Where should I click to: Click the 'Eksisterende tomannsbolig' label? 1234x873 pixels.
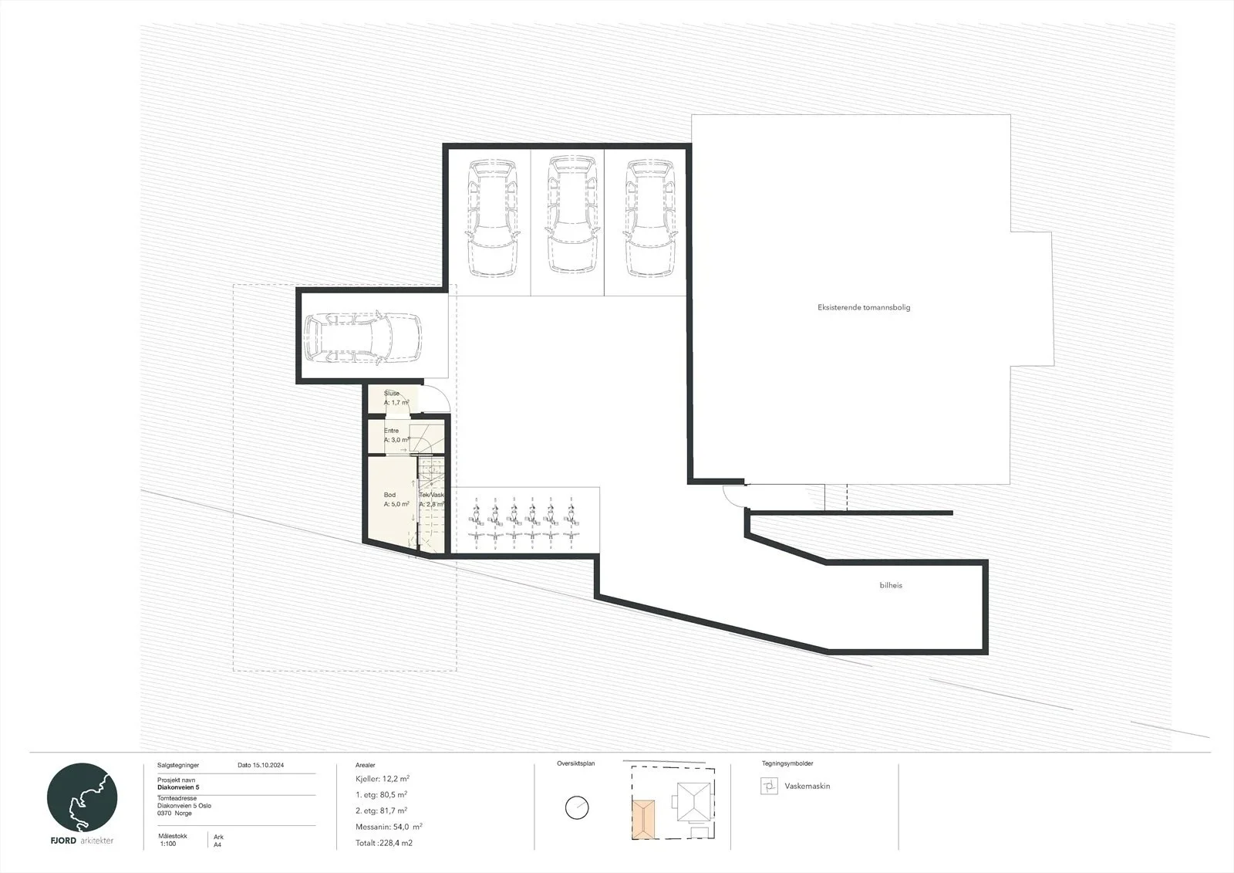tap(864, 308)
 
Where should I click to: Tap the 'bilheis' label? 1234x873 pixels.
tap(891, 585)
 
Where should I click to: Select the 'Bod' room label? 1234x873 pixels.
tap(389, 495)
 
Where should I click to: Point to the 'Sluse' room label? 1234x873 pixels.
tap(392, 393)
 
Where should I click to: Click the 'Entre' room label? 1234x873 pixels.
tap(391, 431)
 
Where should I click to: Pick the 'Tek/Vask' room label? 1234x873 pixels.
tap(431, 496)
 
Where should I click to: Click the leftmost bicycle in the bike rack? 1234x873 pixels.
tap(476, 524)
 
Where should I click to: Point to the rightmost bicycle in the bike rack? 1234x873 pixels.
tap(570, 524)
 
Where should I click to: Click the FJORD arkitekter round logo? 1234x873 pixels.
tap(82, 797)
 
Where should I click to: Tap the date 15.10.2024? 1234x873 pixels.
tap(268, 765)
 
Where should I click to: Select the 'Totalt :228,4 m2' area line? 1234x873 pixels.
tap(384, 843)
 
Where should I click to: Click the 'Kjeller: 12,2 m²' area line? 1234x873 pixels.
tap(383, 779)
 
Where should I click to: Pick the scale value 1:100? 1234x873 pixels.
tap(168, 844)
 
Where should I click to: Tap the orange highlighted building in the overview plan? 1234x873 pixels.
tap(643, 820)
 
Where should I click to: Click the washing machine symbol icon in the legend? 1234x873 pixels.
tap(769, 786)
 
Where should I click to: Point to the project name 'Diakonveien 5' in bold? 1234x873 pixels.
tap(178, 787)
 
